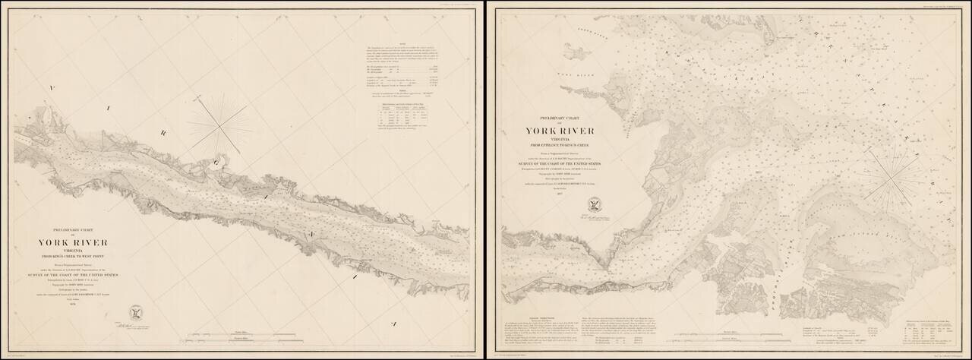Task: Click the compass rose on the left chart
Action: tap(219, 125)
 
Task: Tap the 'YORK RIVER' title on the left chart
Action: tap(73, 243)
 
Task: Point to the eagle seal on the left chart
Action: tap(137, 312)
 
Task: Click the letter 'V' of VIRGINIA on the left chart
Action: tap(52, 88)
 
